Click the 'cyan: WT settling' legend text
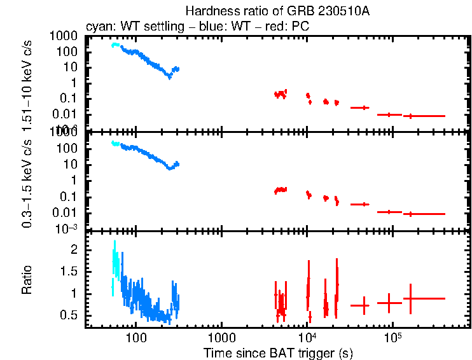point(131,27)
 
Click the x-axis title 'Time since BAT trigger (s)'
point(278,352)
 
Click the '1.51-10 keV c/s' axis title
point(27,82)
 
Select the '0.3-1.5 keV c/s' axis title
point(27,182)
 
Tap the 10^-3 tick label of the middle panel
point(66,228)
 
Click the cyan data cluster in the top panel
point(115,45)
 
